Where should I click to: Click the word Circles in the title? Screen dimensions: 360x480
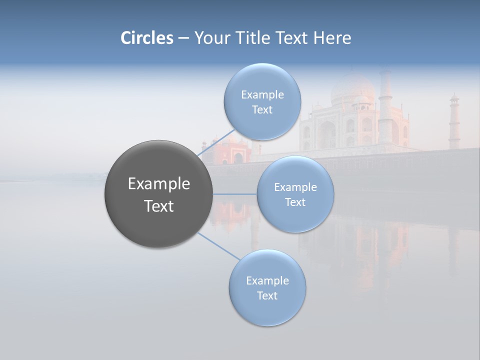point(146,38)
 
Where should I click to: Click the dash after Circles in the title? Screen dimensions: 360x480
point(183,38)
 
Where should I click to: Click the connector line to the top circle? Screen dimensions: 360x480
point(216,142)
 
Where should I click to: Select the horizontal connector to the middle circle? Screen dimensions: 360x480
point(235,194)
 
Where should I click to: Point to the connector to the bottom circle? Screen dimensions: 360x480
point(219,246)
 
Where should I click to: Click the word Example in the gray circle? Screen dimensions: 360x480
point(158,184)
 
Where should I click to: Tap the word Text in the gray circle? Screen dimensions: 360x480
point(158,206)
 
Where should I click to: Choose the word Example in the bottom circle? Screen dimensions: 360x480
point(267,280)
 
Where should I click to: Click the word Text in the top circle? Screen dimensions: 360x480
point(262,110)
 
